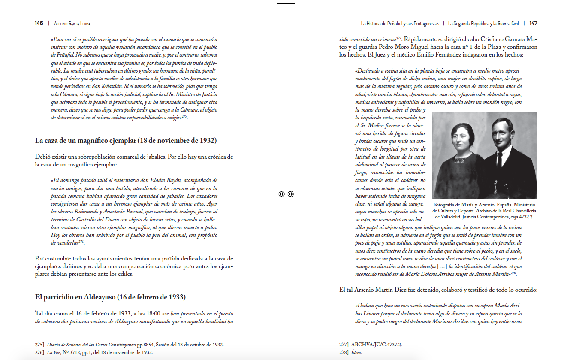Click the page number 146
tap(39, 23)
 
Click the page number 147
tap(533, 23)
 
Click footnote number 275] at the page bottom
tap(39, 345)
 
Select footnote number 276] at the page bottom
tap(39, 352)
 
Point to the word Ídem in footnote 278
tap(356, 352)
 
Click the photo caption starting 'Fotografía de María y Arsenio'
tap(484, 211)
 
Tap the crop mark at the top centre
tap(286, 3)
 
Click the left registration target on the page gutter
tap(281, 194)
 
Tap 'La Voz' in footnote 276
tap(54, 352)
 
